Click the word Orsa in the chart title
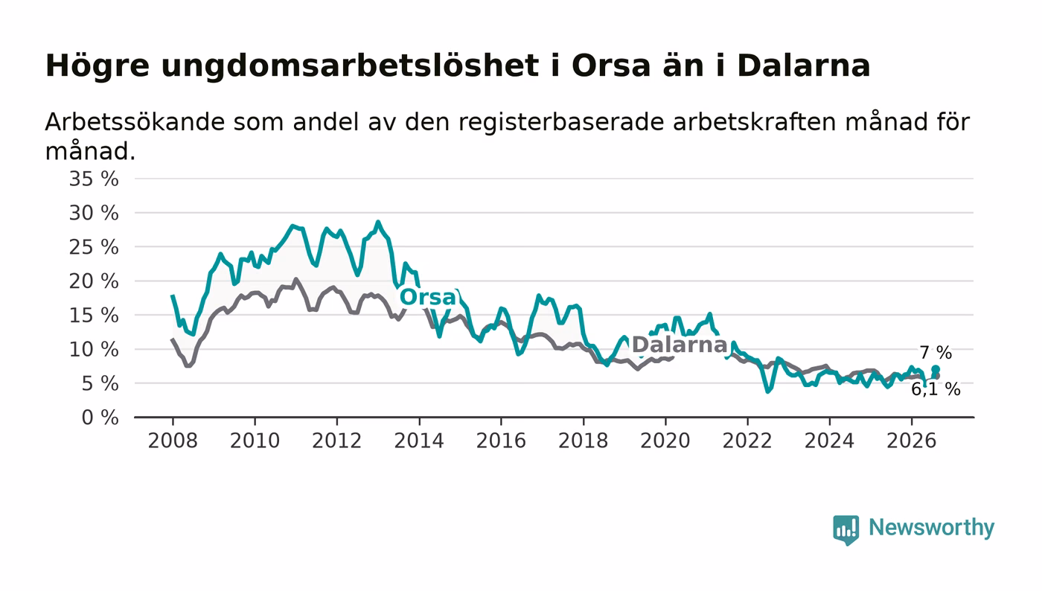611,66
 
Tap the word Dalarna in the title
803,66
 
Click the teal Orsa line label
428,297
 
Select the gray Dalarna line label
679,345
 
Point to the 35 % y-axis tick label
94,179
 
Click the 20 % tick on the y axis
94,281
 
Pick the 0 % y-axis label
100,418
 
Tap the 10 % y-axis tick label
94,350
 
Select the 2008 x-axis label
173,441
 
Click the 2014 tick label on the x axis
419,441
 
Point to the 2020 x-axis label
665,441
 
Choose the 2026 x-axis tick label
911,441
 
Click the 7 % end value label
936,353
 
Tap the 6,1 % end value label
936,389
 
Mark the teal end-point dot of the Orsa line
936,369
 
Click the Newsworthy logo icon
846,529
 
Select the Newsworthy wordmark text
931,528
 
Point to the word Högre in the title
98,66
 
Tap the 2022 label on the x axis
747,441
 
